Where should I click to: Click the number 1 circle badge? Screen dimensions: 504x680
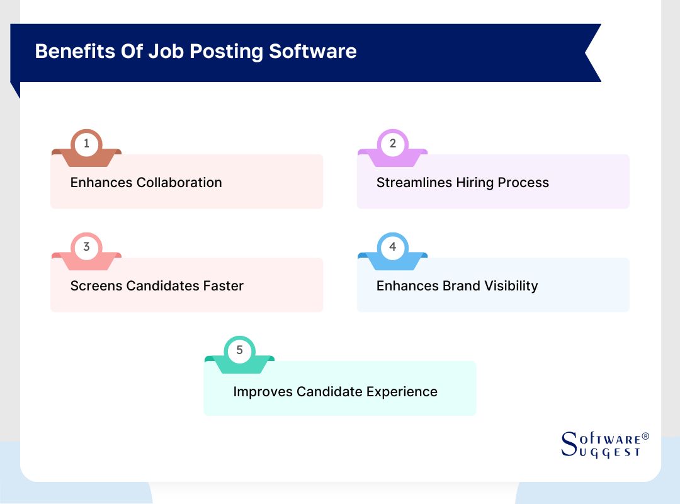pyautogui.click(x=86, y=144)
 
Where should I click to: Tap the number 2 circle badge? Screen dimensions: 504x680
pyautogui.click(x=393, y=144)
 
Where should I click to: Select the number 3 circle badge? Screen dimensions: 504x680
pyautogui.click(x=86, y=247)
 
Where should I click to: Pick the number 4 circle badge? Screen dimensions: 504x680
pyautogui.click(x=393, y=247)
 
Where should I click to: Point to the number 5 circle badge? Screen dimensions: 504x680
pyautogui.click(x=239, y=350)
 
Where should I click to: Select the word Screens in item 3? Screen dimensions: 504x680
pyautogui.click(x=96, y=286)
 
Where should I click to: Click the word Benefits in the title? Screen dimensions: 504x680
pyautogui.click(x=75, y=51)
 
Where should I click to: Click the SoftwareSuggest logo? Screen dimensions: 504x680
pyautogui.click(x=601, y=445)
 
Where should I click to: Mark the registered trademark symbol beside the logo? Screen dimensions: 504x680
pyautogui.click(x=645, y=436)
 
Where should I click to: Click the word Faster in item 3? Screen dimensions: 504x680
pyautogui.click(x=223, y=286)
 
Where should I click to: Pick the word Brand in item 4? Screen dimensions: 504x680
pyautogui.click(x=452, y=286)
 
